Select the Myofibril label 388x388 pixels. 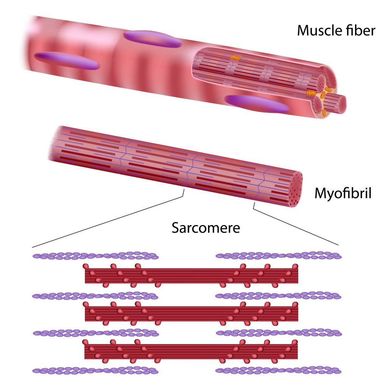(x=343, y=194)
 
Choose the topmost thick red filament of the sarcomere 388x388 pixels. (x=191, y=275)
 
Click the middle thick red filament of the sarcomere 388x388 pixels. (x=191, y=313)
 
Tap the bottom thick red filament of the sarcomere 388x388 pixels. (x=191, y=351)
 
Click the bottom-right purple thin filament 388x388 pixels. (x=278, y=370)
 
